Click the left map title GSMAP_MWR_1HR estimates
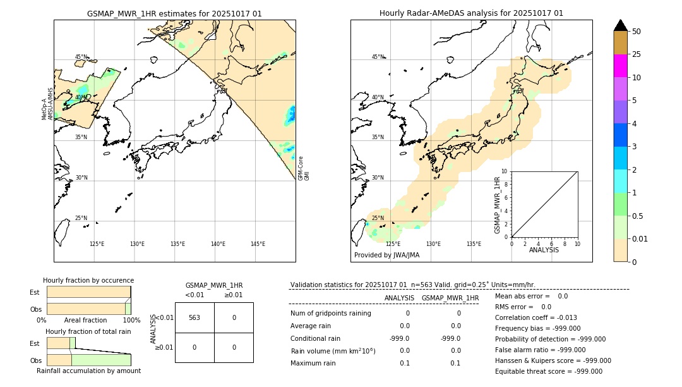click(174, 13)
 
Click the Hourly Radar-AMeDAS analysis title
click(471, 13)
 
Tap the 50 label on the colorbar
click(637, 31)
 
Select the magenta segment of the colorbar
click(620, 66)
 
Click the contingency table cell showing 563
click(194, 317)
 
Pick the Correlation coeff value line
click(535, 317)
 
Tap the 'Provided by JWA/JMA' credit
click(386, 255)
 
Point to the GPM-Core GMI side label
click(304, 168)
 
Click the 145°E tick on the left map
click(258, 244)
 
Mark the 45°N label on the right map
click(378, 57)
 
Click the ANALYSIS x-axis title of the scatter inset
click(544, 250)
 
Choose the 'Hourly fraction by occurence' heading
click(88, 280)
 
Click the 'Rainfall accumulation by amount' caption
click(88, 371)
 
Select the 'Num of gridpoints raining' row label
click(330, 314)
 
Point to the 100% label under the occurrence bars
click(131, 320)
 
